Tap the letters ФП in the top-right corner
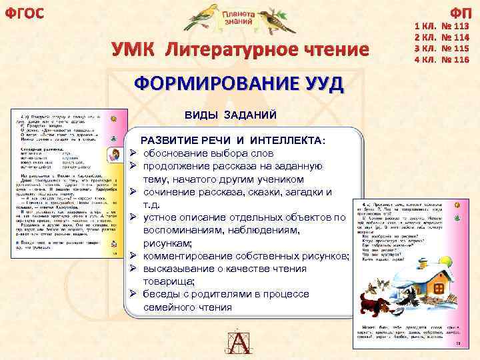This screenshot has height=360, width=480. tap(460, 12)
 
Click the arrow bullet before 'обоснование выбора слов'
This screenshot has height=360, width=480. tap(133, 154)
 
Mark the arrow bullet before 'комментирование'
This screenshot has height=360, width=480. tap(133, 256)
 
